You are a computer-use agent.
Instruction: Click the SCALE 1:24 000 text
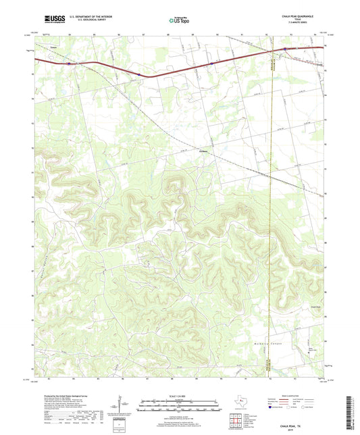click(179, 396)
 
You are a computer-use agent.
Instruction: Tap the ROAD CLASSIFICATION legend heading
click(297, 396)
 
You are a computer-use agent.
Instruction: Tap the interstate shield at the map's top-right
click(285, 49)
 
